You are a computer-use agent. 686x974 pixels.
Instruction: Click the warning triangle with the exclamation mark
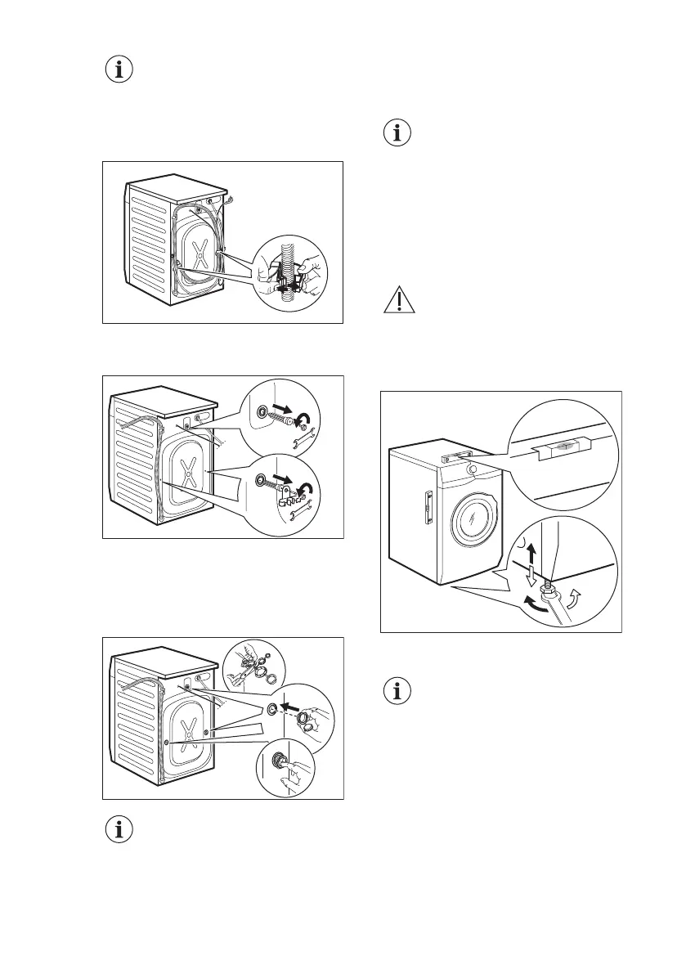tap(398, 302)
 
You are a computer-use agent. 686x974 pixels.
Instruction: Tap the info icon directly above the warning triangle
tap(397, 134)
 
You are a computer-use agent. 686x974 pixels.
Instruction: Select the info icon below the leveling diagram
tap(397, 692)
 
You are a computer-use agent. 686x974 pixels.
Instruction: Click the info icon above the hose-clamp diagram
tap(119, 70)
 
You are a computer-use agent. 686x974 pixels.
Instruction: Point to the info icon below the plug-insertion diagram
tap(119, 831)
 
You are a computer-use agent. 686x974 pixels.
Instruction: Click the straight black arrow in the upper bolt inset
tap(283, 412)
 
